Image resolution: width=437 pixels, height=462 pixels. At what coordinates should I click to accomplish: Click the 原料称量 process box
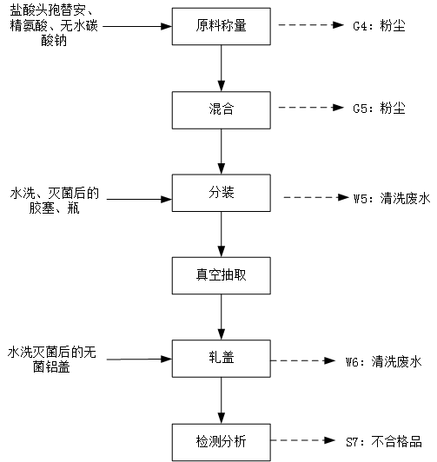222,27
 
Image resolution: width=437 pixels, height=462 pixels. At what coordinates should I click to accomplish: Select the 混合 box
222,110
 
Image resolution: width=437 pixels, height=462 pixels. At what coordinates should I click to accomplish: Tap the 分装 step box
222,193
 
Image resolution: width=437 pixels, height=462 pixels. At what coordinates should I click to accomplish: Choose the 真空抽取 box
222,276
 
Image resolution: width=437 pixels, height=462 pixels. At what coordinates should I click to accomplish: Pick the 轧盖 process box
222,359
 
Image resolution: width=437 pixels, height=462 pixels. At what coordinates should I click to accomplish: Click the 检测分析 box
222,442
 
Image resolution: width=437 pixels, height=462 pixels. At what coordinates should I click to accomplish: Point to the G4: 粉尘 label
379,26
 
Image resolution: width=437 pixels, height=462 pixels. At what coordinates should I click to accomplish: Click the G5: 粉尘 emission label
379,109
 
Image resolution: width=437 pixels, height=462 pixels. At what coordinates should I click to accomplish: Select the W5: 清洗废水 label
392,198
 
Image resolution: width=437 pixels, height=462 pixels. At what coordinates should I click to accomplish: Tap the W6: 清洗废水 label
384,361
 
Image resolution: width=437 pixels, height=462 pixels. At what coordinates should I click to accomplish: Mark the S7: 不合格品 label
384,442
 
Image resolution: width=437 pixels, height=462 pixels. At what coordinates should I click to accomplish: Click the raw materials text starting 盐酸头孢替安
54,26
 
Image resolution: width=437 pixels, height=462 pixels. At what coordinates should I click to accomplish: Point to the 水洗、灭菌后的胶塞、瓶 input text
55,201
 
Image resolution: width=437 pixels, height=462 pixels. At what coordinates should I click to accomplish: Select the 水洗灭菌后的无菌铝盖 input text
52,360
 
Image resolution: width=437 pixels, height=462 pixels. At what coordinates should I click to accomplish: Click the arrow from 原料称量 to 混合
222,69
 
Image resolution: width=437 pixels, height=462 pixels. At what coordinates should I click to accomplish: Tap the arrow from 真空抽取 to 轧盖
222,317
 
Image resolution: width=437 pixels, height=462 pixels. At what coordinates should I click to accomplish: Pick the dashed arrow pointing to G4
311,24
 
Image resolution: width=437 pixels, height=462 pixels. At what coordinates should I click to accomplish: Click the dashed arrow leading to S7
303,440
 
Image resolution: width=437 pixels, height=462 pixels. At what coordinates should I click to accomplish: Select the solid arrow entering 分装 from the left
139,199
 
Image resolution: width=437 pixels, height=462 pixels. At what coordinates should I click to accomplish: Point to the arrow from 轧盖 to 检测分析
222,400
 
